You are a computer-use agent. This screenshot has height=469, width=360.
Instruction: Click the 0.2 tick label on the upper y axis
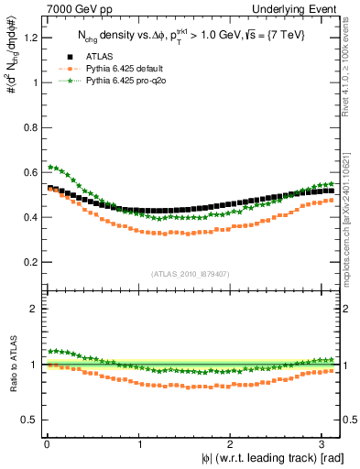28,262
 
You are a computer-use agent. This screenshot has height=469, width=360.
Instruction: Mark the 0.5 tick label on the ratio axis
28,420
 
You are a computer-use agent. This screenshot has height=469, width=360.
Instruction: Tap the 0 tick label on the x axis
46,444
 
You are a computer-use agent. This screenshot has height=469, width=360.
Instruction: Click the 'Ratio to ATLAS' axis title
11,365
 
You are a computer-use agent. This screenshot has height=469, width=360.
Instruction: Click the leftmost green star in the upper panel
51,167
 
